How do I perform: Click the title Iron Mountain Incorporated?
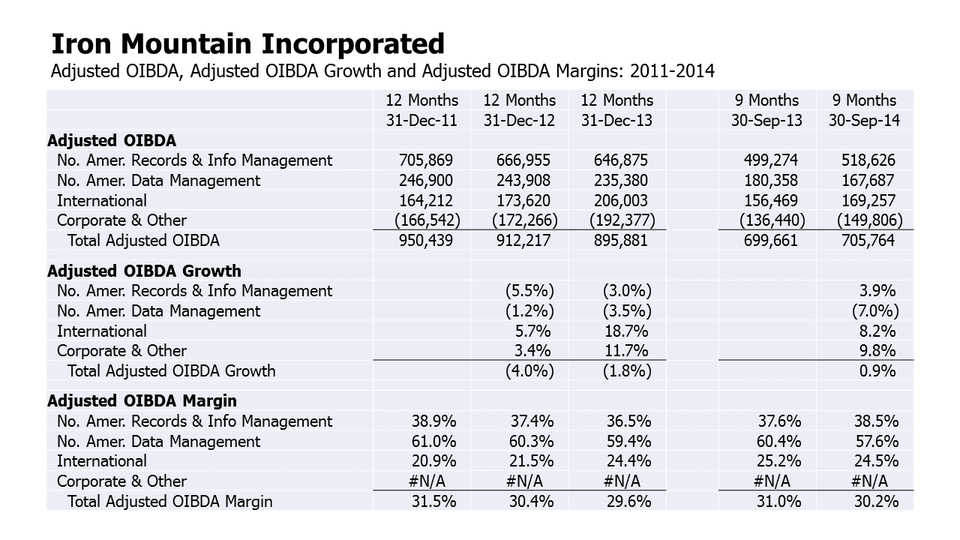247,44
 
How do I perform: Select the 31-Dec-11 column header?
421,120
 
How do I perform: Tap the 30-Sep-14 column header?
864,120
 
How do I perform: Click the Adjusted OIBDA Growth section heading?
144,271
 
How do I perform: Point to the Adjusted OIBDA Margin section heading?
142,401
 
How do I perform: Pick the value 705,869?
425,160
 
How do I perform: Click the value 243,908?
523,181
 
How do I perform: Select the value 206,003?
620,201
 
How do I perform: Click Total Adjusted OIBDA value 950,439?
425,241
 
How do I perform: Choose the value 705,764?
868,241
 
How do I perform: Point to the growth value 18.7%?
625,331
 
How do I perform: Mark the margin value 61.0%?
433,441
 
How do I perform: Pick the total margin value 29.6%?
628,502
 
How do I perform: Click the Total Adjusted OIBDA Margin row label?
169,502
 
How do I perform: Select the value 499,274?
770,160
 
